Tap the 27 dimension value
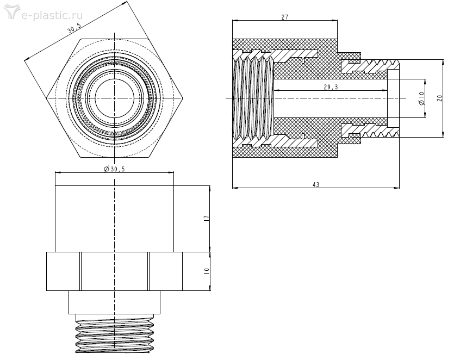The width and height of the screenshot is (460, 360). coord(284,17)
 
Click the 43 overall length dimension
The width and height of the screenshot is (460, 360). coord(315,185)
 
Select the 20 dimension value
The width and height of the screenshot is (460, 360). coord(440,98)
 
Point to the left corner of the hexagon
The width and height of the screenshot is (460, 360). coord(48,98)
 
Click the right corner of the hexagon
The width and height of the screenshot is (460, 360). coord(182,98)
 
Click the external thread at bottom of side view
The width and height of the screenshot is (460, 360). coord(115,334)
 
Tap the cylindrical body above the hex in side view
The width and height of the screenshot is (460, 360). coord(115,218)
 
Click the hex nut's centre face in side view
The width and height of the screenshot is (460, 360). coord(115,271)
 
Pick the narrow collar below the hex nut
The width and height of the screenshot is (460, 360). coord(115,302)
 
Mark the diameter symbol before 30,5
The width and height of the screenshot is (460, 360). coord(106,169)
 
